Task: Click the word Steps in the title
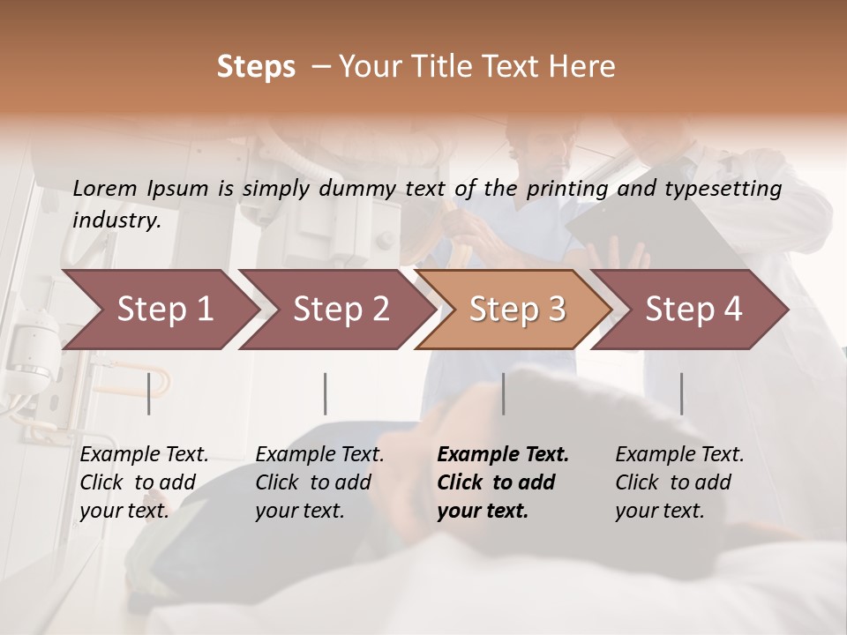click(x=256, y=67)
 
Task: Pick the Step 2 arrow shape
click(x=335, y=310)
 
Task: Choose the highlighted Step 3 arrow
click(x=515, y=310)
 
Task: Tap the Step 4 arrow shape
click(x=692, y=310)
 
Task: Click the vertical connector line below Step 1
click(x=149, y=393)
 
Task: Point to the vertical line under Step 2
click(x=326, y=393)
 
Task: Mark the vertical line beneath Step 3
click(x=503, y=393)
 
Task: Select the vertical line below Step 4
click(x=681, y=393)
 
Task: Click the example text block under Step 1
click(x=144, y=482)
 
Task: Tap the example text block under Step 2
click(x=319, y=482)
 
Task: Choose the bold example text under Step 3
click(x=503, y=482)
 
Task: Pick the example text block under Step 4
click(x=679, y=482)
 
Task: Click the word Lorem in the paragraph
click(x=104, y=188)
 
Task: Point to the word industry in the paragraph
click(x=116, y=220)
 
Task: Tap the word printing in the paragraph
click(x=560, y=188)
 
